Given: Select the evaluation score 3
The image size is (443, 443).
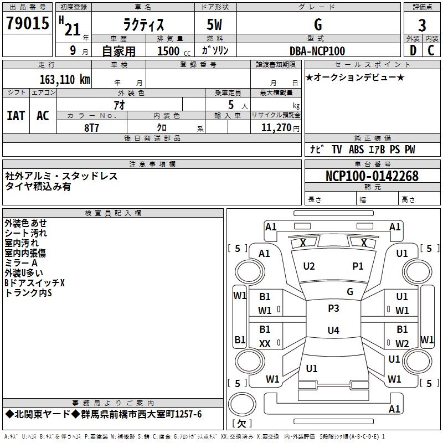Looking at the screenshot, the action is tap(422, 25).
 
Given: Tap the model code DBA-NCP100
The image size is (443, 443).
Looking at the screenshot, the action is tap(317, 51).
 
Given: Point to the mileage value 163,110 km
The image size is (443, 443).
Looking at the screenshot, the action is tap(64, 79).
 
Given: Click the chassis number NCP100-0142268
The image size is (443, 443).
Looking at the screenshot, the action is tap(372, 176).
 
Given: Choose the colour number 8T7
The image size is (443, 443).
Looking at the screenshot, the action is tap(92, 127).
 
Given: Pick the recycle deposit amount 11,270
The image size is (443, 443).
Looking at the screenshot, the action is tap(275, 127).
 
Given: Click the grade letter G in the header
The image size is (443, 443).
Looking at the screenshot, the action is tap(317, 24).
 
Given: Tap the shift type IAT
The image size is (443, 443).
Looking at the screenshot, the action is tap(16, 115).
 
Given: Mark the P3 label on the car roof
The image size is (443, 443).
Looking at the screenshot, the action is tap(333, 308).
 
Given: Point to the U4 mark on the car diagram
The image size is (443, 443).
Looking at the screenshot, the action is tap(333, 331).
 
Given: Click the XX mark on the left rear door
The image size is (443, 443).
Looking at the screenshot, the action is tap(265, 344).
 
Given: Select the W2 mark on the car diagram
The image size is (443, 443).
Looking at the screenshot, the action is tap(402, 343).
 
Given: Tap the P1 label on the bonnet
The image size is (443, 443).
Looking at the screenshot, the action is tap(358, 266).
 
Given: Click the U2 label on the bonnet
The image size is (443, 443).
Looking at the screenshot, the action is tap(309, 266).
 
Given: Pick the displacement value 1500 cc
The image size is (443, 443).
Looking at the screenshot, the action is tap(169, 51).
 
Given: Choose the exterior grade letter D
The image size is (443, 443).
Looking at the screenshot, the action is tap(412, 50).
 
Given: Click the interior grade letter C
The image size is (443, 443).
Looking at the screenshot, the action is tap(431, 50).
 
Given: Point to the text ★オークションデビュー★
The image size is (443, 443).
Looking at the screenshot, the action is tap(355, 77).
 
